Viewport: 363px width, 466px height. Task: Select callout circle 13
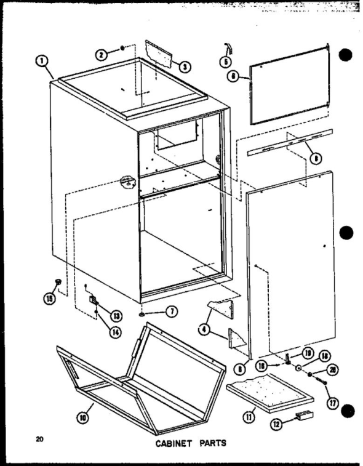[116, 315]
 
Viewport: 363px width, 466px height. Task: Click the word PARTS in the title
[207, 444]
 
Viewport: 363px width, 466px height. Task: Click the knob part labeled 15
[59, 282]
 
